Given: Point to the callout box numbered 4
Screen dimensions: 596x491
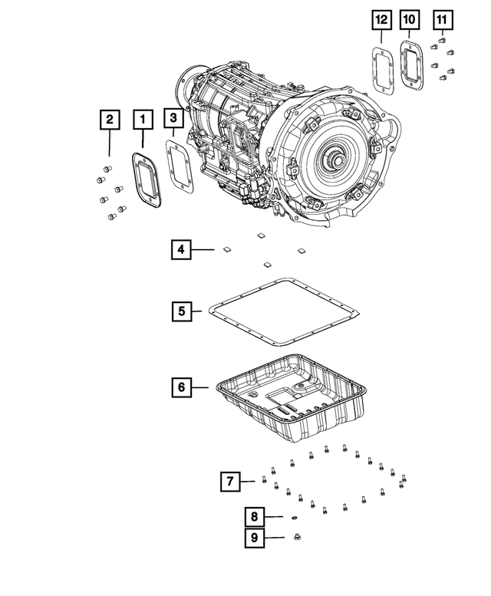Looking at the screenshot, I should (x=181, y=249).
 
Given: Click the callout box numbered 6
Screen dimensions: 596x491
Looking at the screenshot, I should (x=181, y=387).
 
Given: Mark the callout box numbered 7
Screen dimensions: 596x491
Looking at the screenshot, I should (x=228, y=482).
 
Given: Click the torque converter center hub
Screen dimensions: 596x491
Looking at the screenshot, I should (x=336, y=163).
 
